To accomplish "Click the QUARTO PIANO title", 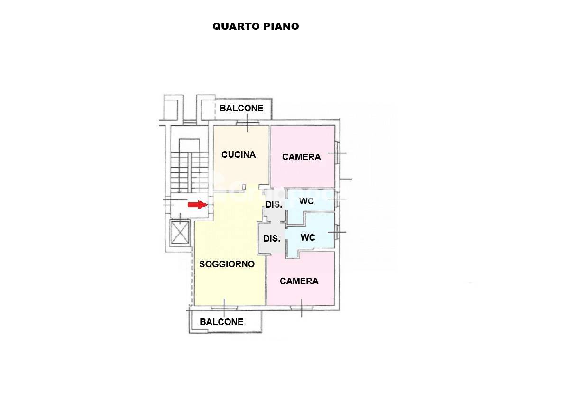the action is (256, 27).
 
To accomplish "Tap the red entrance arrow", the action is (198, 204).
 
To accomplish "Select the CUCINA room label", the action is (239, 154).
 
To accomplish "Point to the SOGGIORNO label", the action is (227, 264).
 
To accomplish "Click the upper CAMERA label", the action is (302, 157).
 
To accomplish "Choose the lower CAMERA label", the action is (299, 281).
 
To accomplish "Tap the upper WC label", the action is (306, 201).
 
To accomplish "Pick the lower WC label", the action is (308, 237).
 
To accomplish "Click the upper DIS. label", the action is (274, 204).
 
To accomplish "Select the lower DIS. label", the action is (272, 238).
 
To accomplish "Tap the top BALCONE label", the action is (241, 108).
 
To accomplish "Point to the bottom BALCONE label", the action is (221, 322).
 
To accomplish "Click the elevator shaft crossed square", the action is (180, 232).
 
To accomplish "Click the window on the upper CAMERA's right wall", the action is (337, 153).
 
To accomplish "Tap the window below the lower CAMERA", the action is (302, 308).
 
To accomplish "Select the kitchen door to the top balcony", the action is (248, 123).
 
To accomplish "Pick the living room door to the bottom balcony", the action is (224, 308).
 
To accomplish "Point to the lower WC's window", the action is (337, 232).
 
